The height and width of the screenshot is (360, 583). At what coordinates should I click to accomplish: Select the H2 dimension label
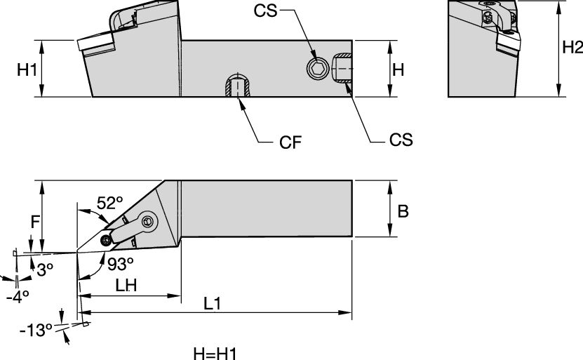coord(572,47)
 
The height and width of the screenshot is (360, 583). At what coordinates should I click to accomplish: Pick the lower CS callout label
coord(401,139)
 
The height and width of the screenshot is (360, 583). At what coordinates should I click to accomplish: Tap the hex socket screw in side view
coord(317,68)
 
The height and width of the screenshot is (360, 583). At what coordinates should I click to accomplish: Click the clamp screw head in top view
coord(147,221)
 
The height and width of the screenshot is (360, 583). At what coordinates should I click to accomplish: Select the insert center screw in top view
coord(106,241)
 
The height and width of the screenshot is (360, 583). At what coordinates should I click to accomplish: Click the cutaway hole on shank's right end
coord(342,69)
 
